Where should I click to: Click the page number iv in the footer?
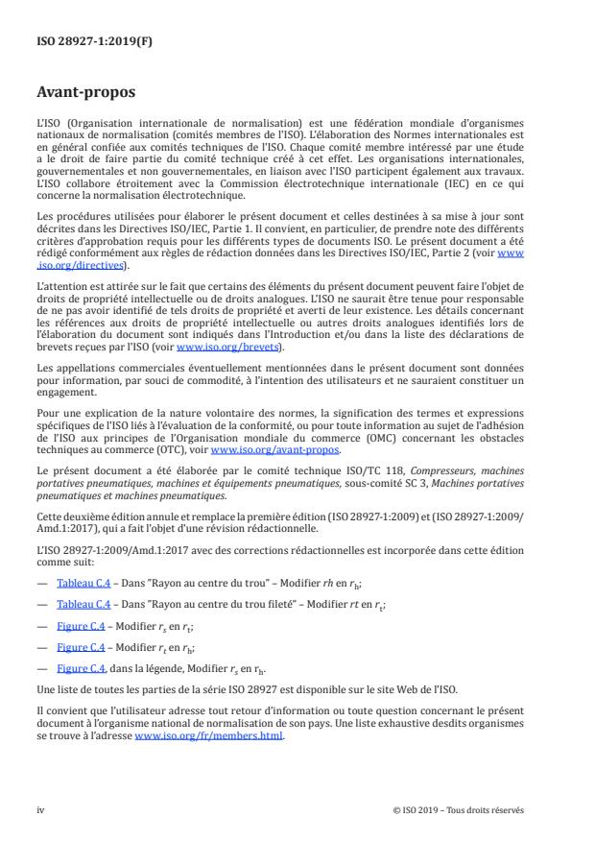coord(40,810)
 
